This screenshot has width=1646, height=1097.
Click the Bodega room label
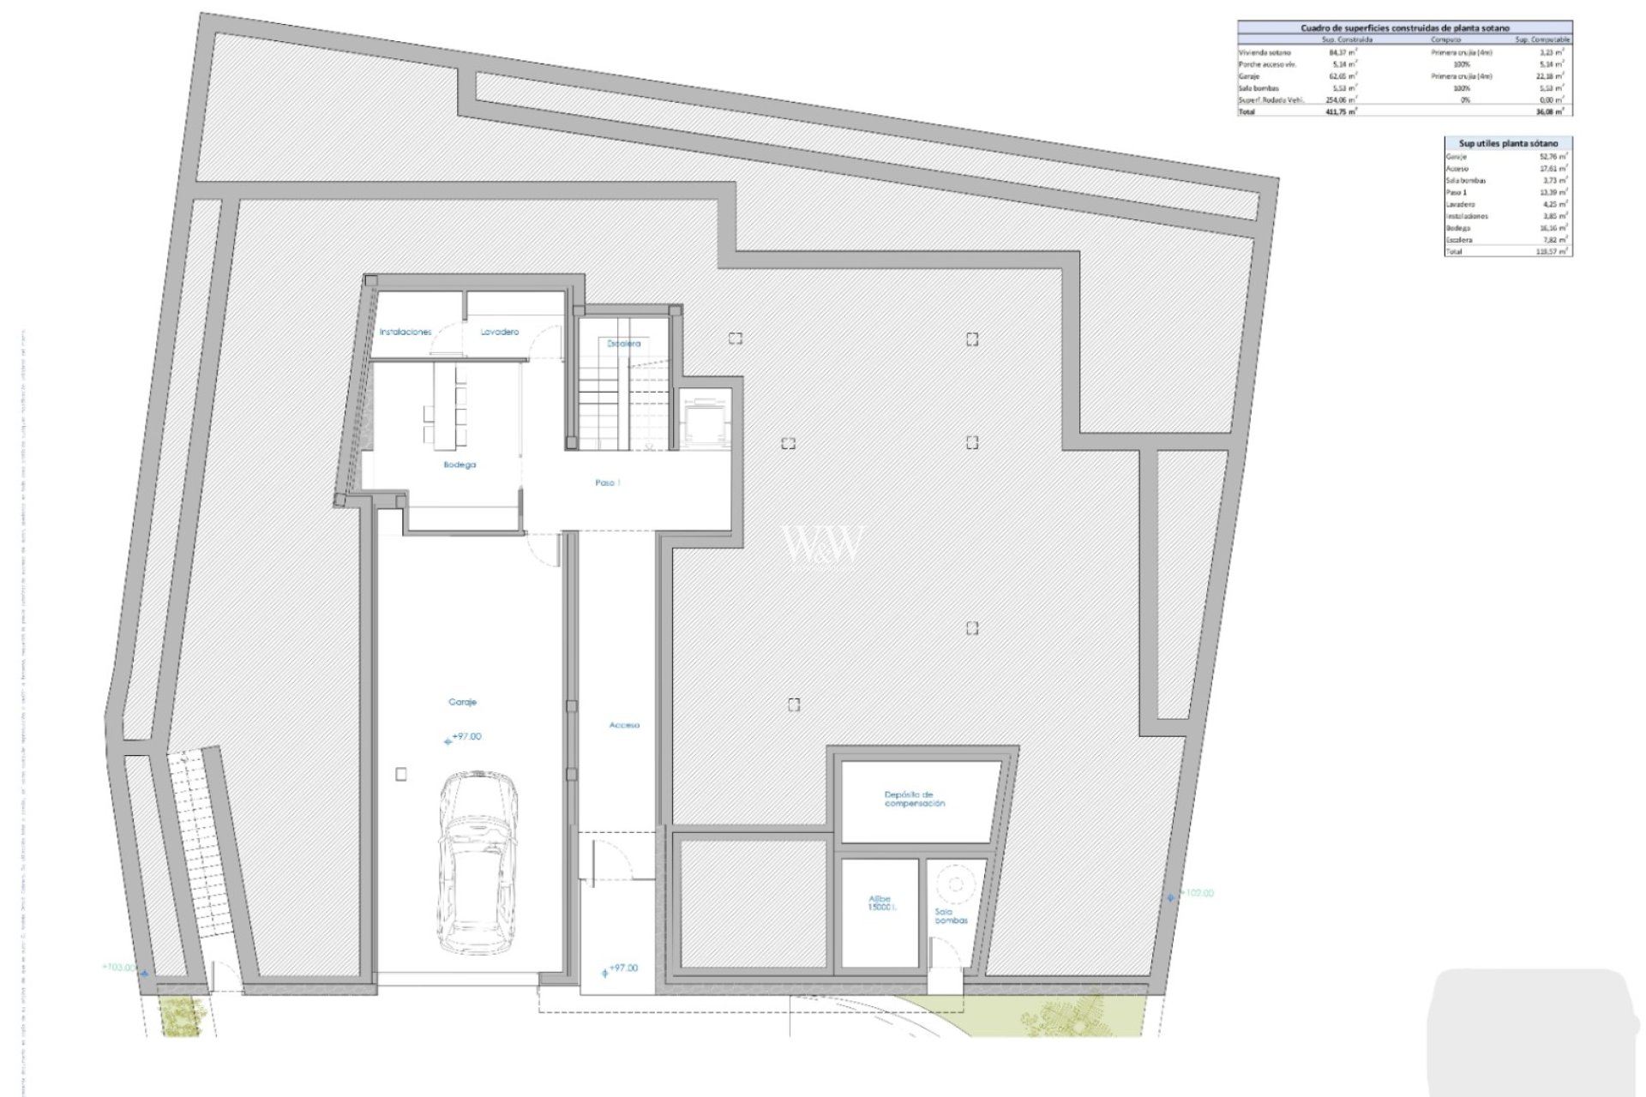pyautogui.click(x=460, y=465)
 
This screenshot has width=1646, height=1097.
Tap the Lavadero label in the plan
pyautogui.click(x=499, y=332)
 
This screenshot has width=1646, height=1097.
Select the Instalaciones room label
pyautogui.click(x=405, y=332)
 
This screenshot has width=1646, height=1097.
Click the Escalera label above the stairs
pyautogui.click(x=623, y=344)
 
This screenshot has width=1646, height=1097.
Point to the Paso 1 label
pyautogui.click(x=607, y=483)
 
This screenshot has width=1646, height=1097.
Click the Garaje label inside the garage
pyautogui.click(x=462, y=702)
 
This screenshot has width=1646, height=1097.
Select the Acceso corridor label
pyautogui.click(x=624, y=725)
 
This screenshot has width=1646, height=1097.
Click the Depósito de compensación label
pyautogui.click(x=915, y=799)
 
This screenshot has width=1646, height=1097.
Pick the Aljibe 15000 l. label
pyautogui.click(x=880, y=902)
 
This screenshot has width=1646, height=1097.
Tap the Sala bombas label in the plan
pyautogui.click(x=951, y=916)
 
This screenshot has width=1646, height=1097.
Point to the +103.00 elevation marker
pyautogui.click(x=118, y=968)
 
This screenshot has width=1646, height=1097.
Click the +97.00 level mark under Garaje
pyautogui.click(x=466, y=737)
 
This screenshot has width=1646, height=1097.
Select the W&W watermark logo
pyautogui.click(x=820, y=546)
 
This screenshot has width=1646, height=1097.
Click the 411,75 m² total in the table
pyautogui.click(x=1341, y=111)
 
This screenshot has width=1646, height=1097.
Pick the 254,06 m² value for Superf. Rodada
pyautogui.click(x=1341, y=100)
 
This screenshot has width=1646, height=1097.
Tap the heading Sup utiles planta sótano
pyautogui.click(x=1507, y=143)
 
